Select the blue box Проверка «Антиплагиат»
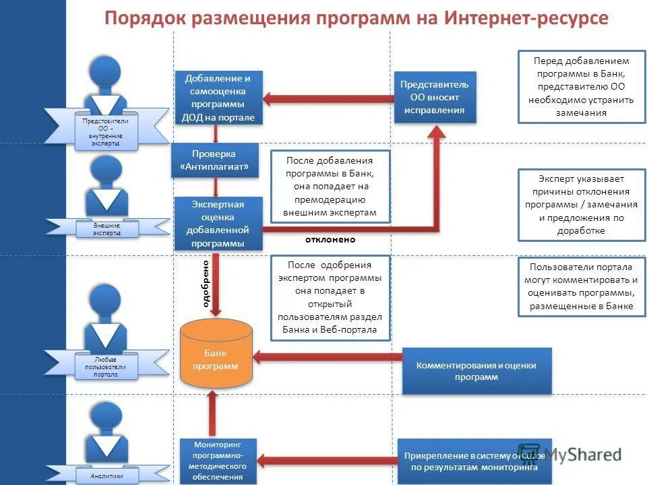click(215, 160)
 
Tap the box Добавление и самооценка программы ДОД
click(218, 98)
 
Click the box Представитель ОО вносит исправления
click(435, 97)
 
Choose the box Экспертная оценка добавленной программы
click(218, 224)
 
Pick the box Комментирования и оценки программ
click(476, 371)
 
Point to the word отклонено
click(330, 239)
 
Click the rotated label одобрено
click(206, 283)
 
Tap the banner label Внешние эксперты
click(108, 229)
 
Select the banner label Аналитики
click(108, 476)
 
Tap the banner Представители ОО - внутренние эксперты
click(106, 132)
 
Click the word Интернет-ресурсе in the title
click(526, 18)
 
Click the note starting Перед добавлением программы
click(582, 87)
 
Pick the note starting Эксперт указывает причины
click(582, 205)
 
